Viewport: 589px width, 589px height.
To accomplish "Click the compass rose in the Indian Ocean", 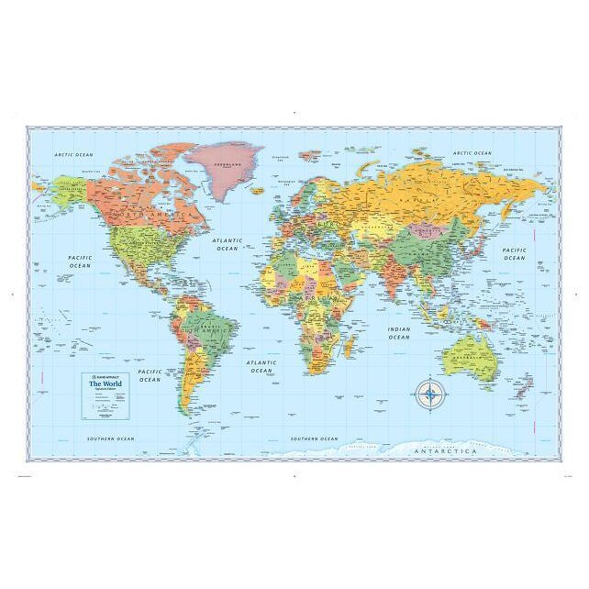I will click(428, 395).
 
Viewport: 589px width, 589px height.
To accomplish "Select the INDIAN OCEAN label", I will click(398, 333).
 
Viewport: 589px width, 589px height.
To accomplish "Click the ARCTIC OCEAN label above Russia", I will click(472, 153).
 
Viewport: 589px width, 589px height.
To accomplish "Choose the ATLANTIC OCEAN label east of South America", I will click(261, 366).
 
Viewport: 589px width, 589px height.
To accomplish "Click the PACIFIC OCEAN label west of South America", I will click(150, 375).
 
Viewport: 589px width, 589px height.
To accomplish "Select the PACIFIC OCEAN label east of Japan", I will click(515, 253).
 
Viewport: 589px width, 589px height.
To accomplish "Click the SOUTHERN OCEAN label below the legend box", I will click(110, 439).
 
